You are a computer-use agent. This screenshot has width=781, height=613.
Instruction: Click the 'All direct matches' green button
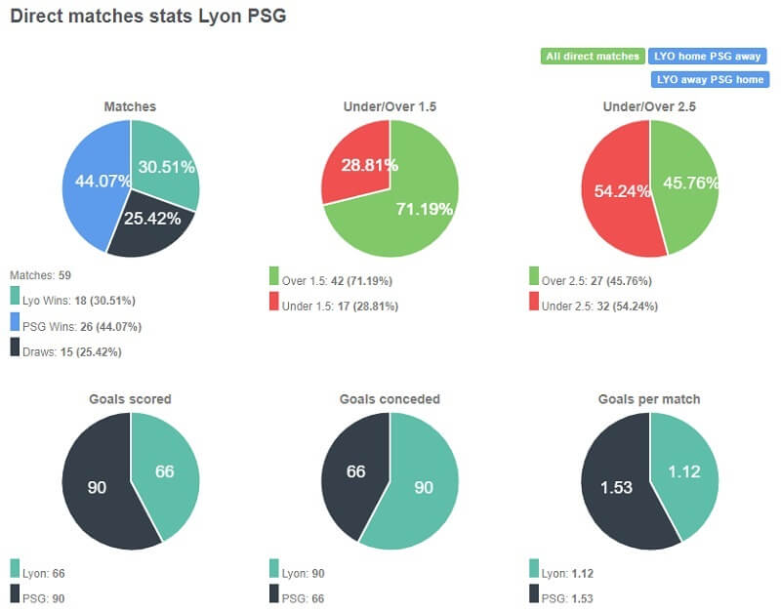point(592,57)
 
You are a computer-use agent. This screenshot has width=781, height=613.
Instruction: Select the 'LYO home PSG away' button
point(709,57)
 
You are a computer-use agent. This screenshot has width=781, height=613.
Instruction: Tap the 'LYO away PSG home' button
point(709,79)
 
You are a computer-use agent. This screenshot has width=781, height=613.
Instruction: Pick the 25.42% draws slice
point(151,225)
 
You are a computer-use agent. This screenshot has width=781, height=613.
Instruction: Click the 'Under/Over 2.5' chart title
point(649,106)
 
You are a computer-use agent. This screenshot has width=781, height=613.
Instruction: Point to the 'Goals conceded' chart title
point(390,399)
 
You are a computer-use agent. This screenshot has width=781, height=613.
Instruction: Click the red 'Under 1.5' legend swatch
point(274,306)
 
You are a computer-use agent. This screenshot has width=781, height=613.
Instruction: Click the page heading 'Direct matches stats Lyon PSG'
point(148,18)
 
